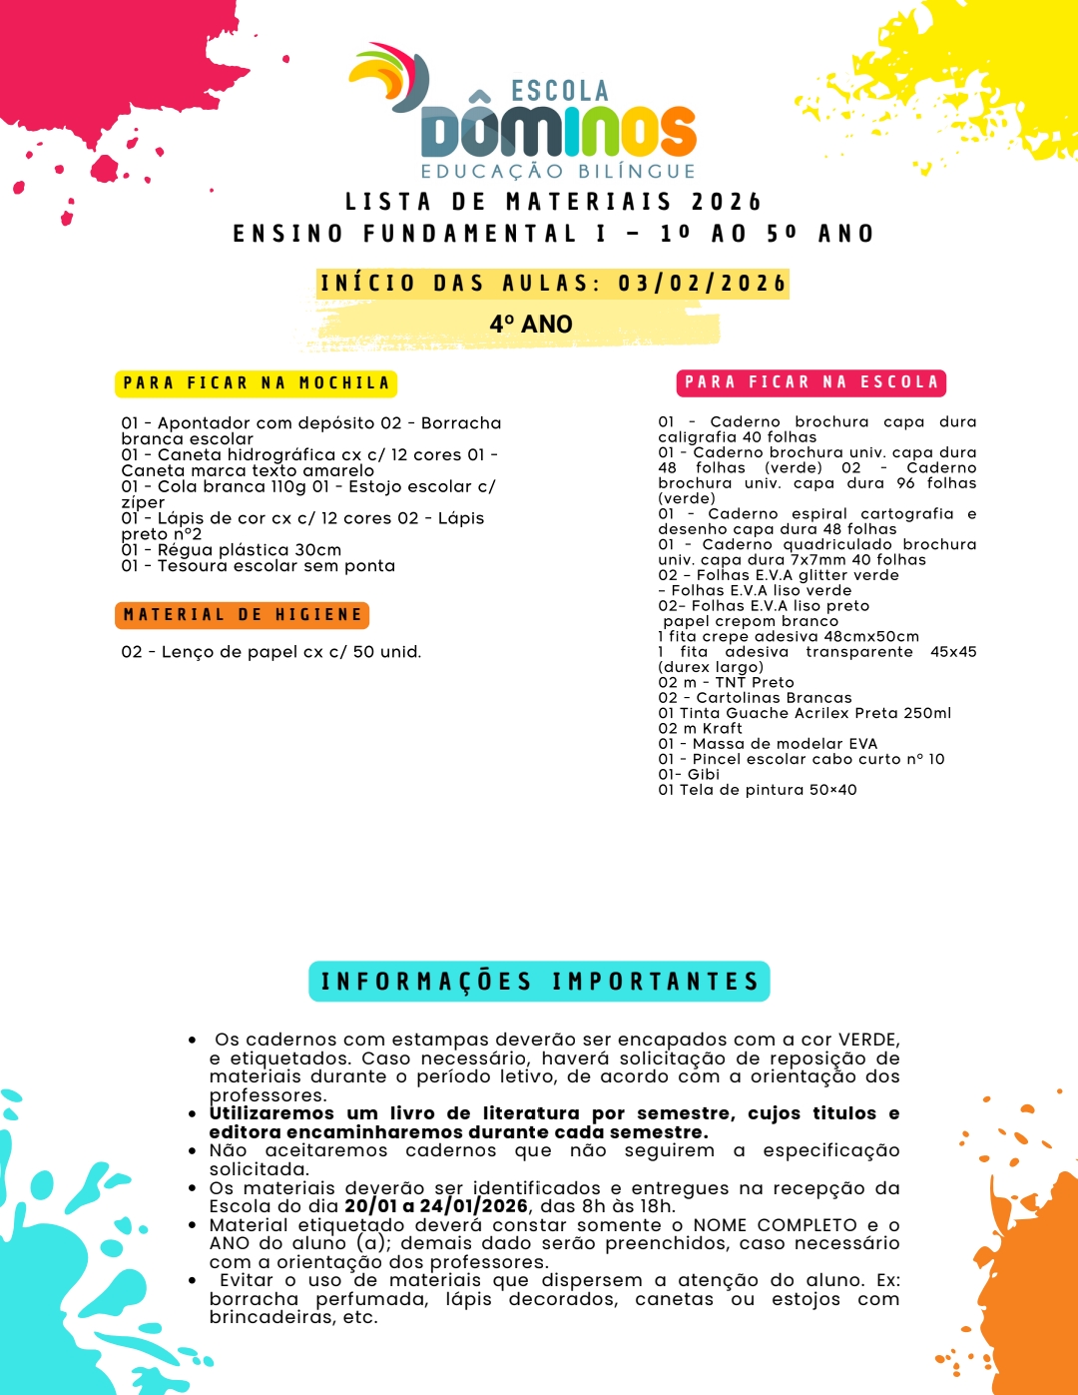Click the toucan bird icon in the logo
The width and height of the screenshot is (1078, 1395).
click(392, 77)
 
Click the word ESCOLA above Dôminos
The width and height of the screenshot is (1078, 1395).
click(559, 92)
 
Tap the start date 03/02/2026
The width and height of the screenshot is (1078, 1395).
click(702, 284)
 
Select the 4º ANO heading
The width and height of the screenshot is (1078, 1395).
click(531, 325)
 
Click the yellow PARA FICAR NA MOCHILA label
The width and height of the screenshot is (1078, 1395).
click(257, 383)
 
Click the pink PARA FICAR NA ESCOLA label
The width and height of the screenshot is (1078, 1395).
click(811, 382)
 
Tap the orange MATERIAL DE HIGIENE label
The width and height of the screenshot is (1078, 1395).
click(243, 615)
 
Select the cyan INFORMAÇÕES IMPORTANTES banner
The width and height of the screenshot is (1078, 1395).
click(539, 982)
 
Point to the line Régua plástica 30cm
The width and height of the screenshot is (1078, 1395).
click(232, 550)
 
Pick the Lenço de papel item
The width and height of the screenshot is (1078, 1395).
click(271, 652)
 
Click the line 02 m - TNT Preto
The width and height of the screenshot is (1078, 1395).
click(726, 683)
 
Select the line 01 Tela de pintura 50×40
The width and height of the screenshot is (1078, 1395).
click(757, 790)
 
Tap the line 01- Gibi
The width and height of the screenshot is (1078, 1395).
click(689, 775)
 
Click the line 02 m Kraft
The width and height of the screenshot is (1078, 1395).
click(700, 729)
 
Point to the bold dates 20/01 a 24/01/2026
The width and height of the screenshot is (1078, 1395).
click(436, 1206)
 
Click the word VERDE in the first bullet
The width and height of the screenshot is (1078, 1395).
click(867, 1040)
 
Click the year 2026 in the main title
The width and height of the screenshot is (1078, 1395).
click(727, 203)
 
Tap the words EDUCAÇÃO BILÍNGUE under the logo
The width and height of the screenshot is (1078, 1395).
click(558, 172)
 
